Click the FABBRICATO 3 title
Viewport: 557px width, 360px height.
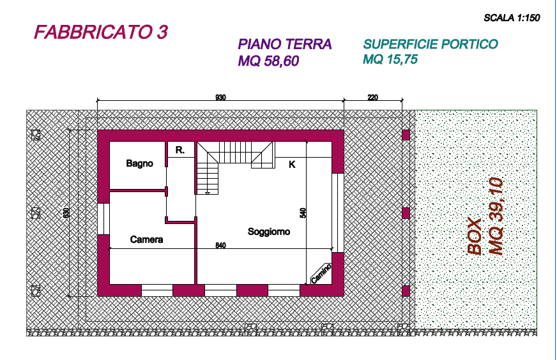101,33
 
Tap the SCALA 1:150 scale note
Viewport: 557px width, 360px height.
512,18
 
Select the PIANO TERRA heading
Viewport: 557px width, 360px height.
285,45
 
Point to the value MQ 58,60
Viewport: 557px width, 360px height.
268,61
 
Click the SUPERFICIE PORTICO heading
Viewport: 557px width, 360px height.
431,44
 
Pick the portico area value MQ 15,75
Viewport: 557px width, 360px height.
390,59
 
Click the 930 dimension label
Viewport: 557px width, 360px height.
220,97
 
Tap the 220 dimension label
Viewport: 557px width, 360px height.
372,97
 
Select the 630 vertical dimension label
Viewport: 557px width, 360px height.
66,213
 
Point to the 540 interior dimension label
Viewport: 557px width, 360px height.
303,213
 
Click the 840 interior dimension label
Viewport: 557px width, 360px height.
220,245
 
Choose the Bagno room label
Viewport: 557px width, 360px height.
140,163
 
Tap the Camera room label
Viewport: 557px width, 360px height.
146,239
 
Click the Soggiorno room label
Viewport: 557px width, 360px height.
269,232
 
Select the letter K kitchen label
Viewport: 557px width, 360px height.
292,165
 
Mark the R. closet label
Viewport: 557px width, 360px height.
180,150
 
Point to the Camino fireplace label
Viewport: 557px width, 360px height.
321,274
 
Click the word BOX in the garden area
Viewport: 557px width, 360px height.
475,237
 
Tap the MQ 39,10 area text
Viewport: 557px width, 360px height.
496,216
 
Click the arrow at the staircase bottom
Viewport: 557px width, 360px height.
207,193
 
